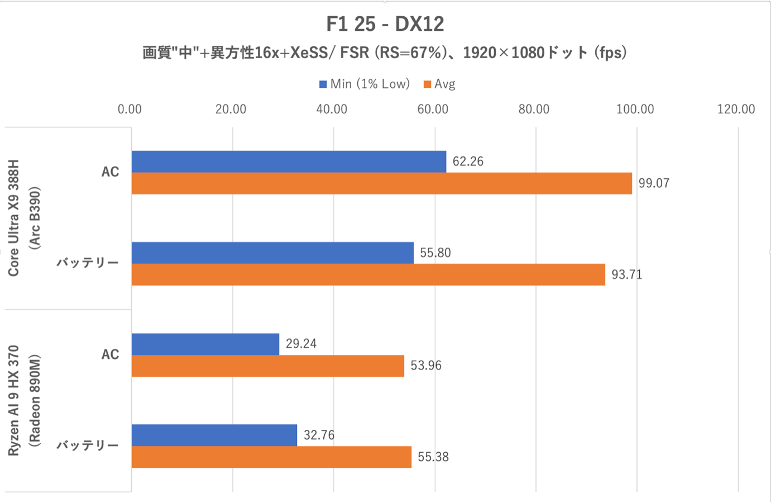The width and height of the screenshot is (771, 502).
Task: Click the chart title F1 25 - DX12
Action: click(385, 24)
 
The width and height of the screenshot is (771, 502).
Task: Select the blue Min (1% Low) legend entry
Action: click(365, 84)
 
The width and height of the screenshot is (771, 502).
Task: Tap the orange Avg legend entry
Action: click(440, 84)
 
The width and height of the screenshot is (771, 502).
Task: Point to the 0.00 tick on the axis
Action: click(130, 109)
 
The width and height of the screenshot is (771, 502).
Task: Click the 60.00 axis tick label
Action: click(433, 109)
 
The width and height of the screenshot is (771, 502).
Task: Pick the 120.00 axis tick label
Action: click(736, 109)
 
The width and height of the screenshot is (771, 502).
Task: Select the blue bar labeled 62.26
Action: click(289, 162)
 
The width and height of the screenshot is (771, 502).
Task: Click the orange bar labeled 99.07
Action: click(381, 183)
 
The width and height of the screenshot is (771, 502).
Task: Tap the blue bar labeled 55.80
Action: click(272, 253)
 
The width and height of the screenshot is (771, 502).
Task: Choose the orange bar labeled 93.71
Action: click(368, 274)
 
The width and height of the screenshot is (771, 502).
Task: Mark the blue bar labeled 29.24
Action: click(205, 344)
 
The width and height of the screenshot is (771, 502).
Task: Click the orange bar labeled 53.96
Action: click(268, 366)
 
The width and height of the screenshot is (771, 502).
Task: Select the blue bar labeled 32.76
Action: click(214, 435)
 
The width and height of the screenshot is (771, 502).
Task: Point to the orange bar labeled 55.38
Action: click(271, 457)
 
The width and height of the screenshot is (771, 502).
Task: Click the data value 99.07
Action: click(654, 183)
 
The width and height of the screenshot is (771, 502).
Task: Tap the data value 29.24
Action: click(301, 344)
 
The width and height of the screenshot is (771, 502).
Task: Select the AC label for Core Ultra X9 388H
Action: click(110, 172)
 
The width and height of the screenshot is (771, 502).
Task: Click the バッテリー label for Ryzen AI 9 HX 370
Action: click(88, 446)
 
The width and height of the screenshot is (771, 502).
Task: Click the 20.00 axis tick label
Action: click(231, 109)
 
